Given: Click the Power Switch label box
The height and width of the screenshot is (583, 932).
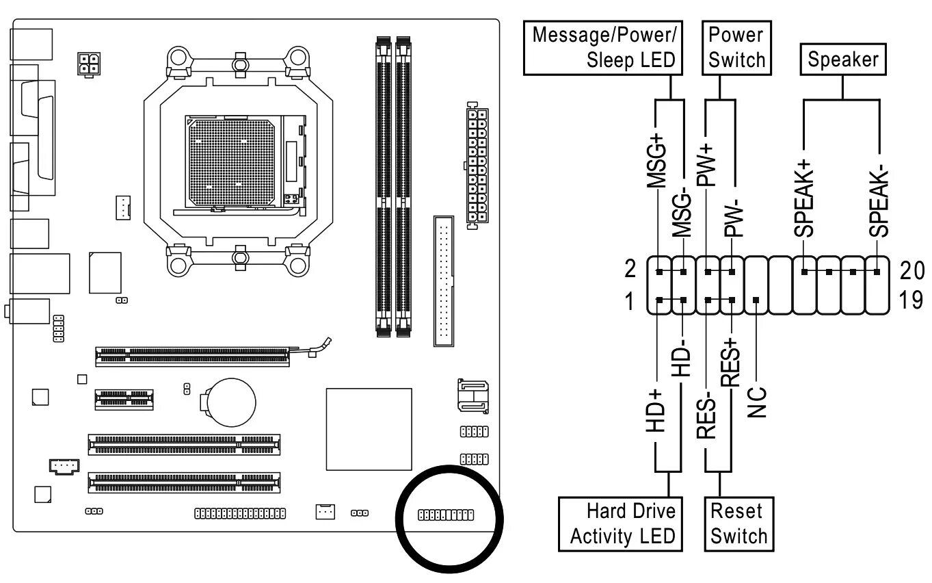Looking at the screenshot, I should click(x=736, y=47).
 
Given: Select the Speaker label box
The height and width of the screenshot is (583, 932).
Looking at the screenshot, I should click(x=842, y=60).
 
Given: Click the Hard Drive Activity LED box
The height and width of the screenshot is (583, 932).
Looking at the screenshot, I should click(x=620, y=523).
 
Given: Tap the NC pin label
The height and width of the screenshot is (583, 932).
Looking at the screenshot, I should click(x=757, y=402).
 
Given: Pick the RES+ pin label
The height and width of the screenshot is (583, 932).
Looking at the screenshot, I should click(x=731, y=363).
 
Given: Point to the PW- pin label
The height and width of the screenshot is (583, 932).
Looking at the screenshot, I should click(x=733, y=218).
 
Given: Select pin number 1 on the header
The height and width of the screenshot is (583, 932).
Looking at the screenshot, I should click(x=630, y=301).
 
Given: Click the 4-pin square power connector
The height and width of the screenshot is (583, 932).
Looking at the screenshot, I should click(x=88, y=65).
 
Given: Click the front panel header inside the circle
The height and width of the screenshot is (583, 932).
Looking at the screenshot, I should click(x=446, y=514).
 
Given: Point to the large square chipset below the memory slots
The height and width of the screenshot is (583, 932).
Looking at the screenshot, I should click(x=369, y=428).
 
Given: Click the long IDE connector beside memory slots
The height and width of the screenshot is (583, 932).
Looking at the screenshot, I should click(x=443, y=281).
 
